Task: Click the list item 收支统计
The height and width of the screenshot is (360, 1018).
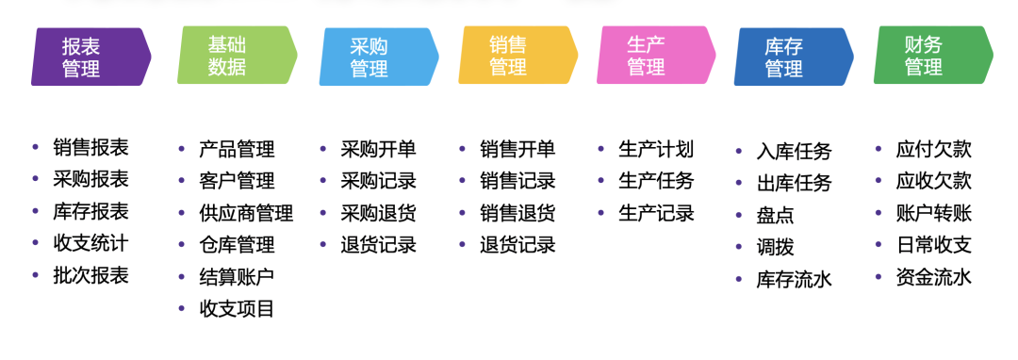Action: (90, 243)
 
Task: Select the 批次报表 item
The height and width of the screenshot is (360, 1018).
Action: (90, 276)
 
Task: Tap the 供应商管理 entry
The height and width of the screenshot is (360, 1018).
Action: (246, 213)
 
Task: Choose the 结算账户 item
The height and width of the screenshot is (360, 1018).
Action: (237, 276)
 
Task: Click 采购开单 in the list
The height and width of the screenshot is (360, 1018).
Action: (378, 149)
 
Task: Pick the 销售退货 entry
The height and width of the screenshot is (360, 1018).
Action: (517, 212)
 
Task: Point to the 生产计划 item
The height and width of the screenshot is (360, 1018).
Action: (656, 149)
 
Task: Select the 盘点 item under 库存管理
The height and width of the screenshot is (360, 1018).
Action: (776, 215)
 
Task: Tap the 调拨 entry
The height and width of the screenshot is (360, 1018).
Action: (776, 247)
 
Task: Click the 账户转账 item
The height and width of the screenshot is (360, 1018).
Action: (933, 213)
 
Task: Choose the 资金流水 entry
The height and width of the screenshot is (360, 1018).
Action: (933, 277)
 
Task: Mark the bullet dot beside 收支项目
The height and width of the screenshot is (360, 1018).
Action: (180, 308)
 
